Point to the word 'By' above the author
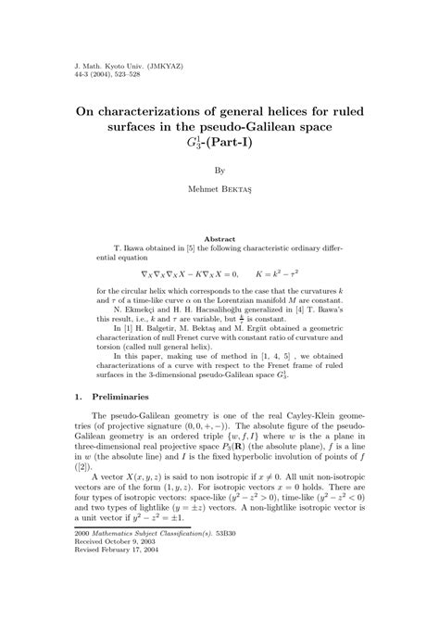[219, 171]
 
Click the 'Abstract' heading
[219, 239]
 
